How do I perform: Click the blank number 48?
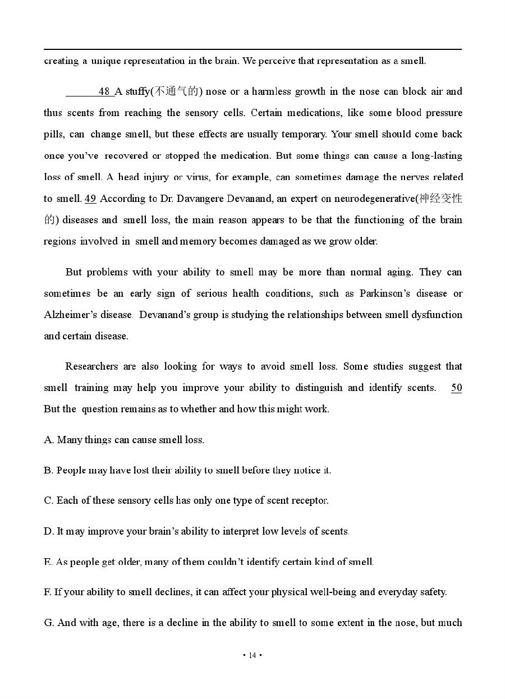pos(104,91)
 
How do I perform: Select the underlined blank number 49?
pos(90,199)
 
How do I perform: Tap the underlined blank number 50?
pos(456,388)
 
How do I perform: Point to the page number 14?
pos(252,655)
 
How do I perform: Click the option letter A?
pos(48,440)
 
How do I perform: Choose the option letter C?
pos(48,500)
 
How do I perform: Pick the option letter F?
pos(47,592)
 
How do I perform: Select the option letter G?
pos(48,623)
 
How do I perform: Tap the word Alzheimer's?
pos(70,315)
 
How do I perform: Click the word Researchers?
pos(93,366)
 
